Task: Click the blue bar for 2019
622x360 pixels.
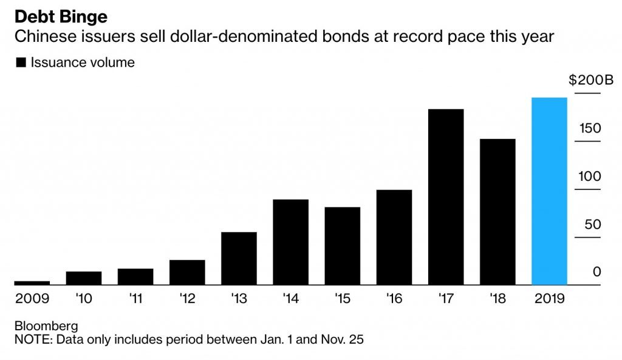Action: click(x=549, y=191)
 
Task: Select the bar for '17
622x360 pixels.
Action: click(x=446, y=197)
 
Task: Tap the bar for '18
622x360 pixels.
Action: click(x=497, y=211)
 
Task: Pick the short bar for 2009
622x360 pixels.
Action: click(x=32, y=282)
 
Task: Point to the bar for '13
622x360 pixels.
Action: click(x=239, y=258)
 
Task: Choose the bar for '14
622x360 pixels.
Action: click(x=290, y=242)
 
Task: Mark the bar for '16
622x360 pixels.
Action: click(x=394, y=237)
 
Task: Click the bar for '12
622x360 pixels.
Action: click(x=187, y=272)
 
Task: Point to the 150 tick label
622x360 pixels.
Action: click(x=590, y=129)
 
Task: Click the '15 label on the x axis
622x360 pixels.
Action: click(x=342, y=299)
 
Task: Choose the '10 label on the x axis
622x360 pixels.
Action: click(x=83, y=299)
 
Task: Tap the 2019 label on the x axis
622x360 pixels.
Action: click(x=549, y=299)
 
